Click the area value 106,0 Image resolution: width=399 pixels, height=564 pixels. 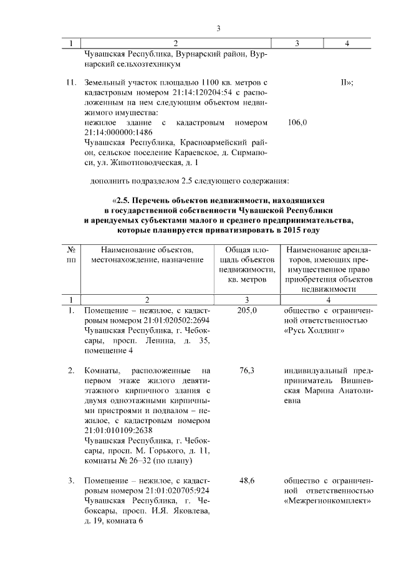coord(297,123)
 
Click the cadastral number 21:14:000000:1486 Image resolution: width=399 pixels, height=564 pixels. coord(118,133)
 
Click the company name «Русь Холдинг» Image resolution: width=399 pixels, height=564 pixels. coord(314,330)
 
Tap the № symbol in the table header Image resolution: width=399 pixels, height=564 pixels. coord(71,250)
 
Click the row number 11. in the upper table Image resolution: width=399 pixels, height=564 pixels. coord(71,82)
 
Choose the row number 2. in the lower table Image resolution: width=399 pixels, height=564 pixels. coord(71,371)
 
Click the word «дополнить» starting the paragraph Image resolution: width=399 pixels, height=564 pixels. coord(112,181)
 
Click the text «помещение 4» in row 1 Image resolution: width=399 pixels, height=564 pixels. coord(108,351)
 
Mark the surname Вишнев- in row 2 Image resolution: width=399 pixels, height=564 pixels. coord(356,381)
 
